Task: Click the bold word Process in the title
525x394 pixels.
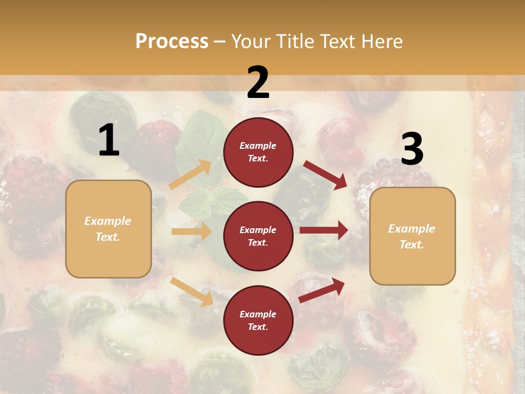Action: click(x=172, y=42)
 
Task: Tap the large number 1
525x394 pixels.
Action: click(x=109, y=141)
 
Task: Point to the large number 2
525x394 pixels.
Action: click(x=258, y=83)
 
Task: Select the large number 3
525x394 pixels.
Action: click(x=412, y=149)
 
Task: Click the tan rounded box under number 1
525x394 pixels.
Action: click(x=108, y=229)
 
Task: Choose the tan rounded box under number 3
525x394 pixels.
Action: click(x=412, y=236)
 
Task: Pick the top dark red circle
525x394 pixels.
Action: click(x=258, y=152)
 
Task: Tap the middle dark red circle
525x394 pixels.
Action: click(x=258, y=236)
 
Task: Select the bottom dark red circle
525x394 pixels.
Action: click(x=258, y=320)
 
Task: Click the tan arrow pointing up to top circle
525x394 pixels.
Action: click(x=190, y=175)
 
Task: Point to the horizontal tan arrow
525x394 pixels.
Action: click(x=191, y=231)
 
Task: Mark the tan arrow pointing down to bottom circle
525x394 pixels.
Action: click(x=191, y=291)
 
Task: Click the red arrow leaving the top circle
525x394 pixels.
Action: click(x=325, y=175)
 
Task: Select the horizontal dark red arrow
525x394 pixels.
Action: click(x=324, y=230)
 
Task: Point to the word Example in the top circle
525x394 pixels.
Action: click(x=258, y=146)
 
